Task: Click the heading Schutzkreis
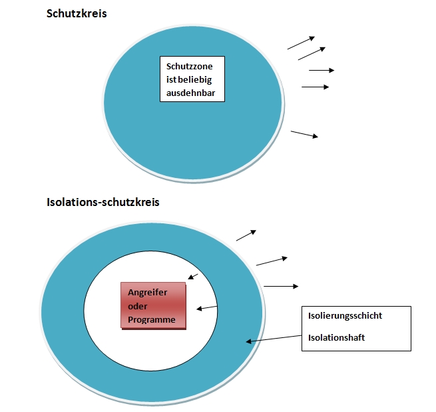click(x=77, y=13)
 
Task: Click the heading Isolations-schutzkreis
click(x=103, y=202)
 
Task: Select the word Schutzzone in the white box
click(x=189, y=66)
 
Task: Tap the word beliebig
click(x=194, y=80)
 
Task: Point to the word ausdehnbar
click(x=191, y=93)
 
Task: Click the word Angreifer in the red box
click(x=147, y=293)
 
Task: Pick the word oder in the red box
click(x=137, y=306)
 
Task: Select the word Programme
click(x=152, y=319)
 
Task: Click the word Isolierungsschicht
click(x=345, y=315)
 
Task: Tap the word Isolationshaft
click(x=336, y=337)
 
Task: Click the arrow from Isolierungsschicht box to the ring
click(x=274, y=339)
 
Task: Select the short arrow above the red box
click(x=193, y=277)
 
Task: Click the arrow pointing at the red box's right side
click(x=207, y=308)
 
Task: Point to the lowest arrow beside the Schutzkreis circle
click(x=304, y=134)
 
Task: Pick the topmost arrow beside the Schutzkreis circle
click(x=301, y=43)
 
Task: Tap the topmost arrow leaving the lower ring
click(x=246, y=235)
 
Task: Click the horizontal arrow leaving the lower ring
click(x=281, y=286)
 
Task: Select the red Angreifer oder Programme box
click(x=153, y=305)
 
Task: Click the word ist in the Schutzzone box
click(x=171, y=80)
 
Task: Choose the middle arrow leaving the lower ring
click(x=272, y=261)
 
